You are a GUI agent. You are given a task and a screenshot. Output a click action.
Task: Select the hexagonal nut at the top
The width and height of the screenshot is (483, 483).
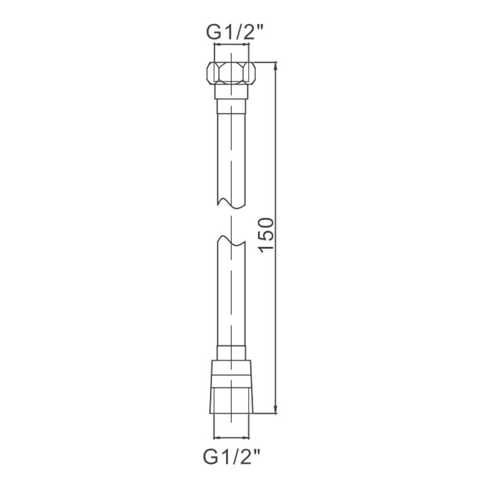(x=231, y=73)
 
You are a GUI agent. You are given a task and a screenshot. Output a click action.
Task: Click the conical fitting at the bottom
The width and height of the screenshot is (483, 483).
(x=231, y=386)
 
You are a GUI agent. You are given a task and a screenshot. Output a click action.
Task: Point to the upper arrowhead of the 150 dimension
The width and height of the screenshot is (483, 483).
(x=276, y=66)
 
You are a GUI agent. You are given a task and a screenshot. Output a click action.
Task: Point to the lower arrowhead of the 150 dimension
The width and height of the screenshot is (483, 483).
(x=276, y=409)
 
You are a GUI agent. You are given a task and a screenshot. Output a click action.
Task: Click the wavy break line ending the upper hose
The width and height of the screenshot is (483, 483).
(x=231, y=202)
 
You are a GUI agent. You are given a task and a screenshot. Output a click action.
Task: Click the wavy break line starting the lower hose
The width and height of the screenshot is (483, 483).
(x=231, y=241)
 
